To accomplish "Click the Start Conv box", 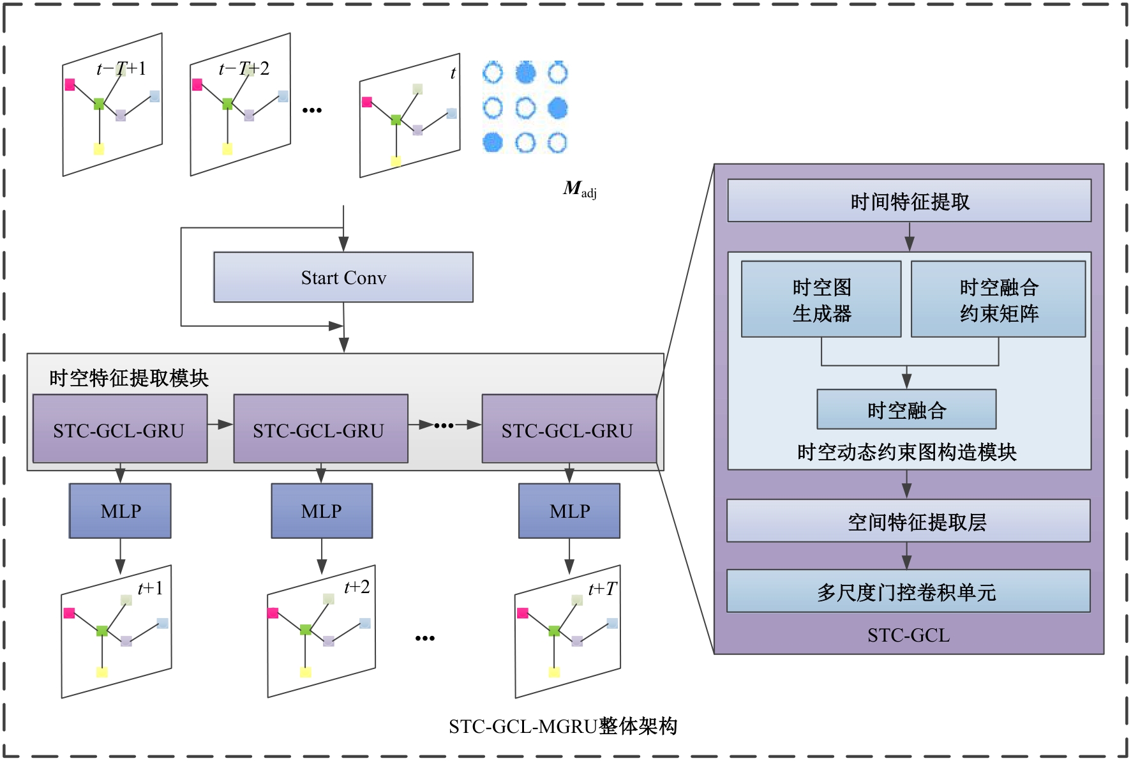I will (x=343, y=277).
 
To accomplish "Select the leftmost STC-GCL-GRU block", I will (x=119, y=428).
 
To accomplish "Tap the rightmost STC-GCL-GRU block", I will (x=568, y=428).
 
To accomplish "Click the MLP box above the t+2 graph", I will (x=322, y=511).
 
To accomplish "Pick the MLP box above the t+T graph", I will (x=569, y=511).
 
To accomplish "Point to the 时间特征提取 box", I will (x=909, y=201).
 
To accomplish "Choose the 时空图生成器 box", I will (x=821, y=299).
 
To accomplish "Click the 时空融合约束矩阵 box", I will (x=998, y=299).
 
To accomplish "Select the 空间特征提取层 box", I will (x=909, y=522).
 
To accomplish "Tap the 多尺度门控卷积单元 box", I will (x=909, y=592).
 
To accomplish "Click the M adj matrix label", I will (x=580, y=189).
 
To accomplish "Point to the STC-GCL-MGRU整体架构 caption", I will (x=562, y=727).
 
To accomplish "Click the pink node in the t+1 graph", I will (x=70, y=614).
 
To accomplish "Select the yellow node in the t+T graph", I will (x=554, y=672).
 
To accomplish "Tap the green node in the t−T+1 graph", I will (x=99, y=103).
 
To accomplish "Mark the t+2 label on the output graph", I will (x=356, y=587).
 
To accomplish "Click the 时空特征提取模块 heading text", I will (x=129, y=378).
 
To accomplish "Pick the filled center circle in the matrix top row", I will (x=525, y=73).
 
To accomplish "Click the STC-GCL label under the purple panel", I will (x=908, y=635).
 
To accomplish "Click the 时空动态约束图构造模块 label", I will (x=906, y=453).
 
